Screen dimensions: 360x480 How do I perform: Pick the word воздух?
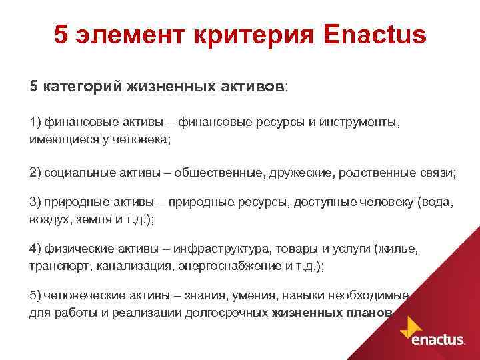pos(50,218)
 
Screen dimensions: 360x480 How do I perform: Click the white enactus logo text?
pos(438,339)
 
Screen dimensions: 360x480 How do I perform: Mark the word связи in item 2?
pos(438,173)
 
